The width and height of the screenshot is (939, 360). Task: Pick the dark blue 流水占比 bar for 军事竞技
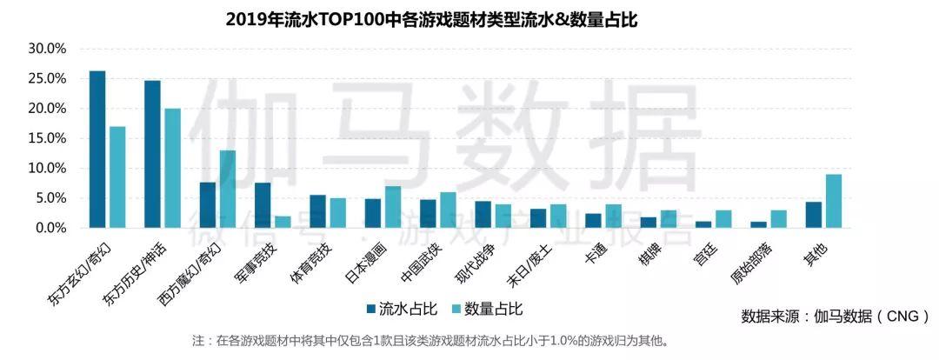click(263, 205)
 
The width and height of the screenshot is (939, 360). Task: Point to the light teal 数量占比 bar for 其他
click(833, 201)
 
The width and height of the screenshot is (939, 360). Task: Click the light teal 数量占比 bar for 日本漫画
click(392, 207)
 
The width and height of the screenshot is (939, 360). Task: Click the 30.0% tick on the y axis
click(47, 49)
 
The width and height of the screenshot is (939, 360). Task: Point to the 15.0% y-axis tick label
click(47, 138)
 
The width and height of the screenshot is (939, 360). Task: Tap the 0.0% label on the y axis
click(50, 228)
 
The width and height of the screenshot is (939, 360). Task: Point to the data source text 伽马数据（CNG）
click(836, 316)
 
